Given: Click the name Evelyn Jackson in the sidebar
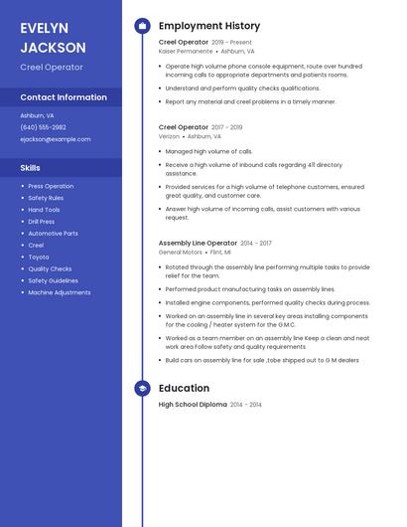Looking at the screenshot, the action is pos(53,37).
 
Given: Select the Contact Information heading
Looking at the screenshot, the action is pos(64,97).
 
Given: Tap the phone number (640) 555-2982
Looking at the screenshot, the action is pos(43,127).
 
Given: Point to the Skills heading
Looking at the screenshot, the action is pos(30,168).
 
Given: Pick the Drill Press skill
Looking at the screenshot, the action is pos(42,222).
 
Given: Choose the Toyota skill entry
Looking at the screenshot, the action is pos(39,257).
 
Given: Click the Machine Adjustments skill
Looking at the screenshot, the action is pos(60,292).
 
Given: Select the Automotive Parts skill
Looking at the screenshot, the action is pos(53,234).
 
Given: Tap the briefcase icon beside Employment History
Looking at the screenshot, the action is pos(142,26).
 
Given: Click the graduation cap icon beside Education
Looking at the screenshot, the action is pos(142,389).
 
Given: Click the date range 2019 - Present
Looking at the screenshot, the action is pos(232,43).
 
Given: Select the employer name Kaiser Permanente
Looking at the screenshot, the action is pos(186,51).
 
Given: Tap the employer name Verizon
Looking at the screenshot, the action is pos(170,136).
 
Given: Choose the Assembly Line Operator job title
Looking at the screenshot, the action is pos(198,243).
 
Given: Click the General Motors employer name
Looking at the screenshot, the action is pos(180,252).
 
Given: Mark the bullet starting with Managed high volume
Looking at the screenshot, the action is pos(195,151).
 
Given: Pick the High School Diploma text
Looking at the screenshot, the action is pos(193,405).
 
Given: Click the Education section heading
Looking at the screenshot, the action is pos(184,388).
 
